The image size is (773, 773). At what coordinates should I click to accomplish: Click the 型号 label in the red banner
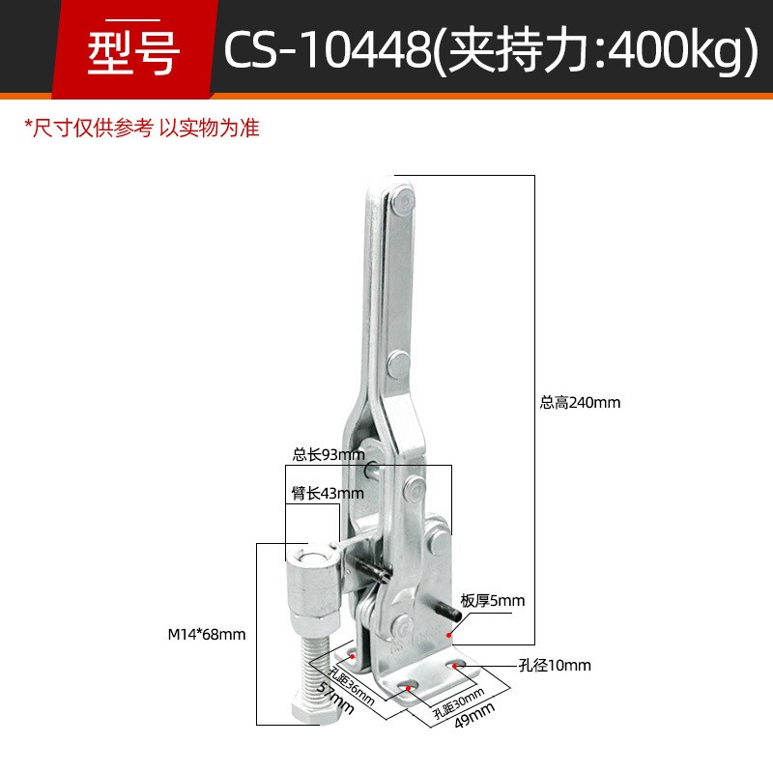[x=133, y=53]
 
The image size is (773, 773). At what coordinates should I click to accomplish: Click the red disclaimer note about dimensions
[x=142, y=128]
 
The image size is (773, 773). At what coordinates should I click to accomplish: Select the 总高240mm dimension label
[x=580, y=402]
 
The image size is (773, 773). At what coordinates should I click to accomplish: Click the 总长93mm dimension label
[x=329, y=453]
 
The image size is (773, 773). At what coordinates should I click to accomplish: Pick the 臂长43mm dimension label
[x=328, y=494]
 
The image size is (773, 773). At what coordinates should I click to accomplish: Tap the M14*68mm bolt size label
[x=207, y=635]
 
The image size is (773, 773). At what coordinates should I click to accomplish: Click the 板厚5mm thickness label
[x=493, y=601]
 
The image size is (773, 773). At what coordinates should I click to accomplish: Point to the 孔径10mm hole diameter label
[x=555, y=666]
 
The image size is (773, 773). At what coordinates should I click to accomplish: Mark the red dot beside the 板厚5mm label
[x=450, y=634]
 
